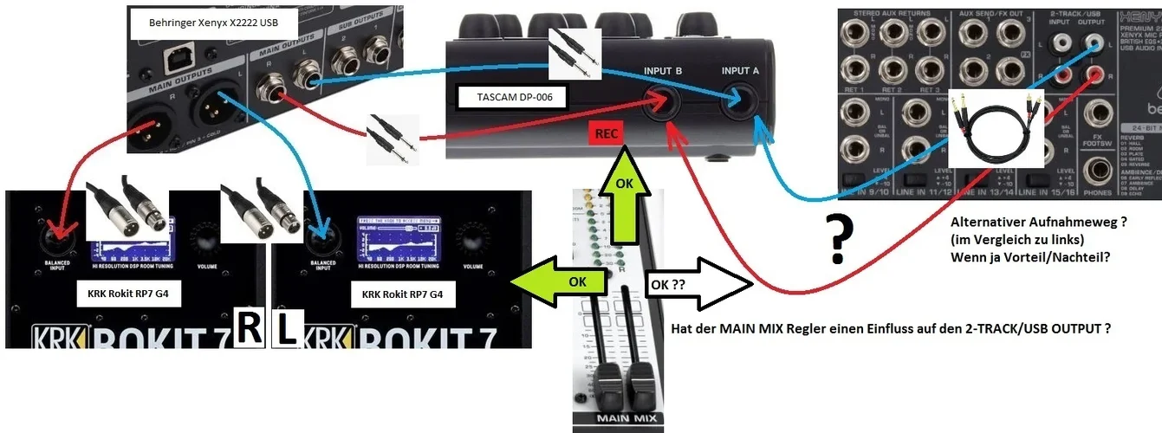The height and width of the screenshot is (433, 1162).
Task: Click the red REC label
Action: pos(606,134)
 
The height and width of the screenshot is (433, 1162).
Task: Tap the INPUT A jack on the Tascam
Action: pos(740,101)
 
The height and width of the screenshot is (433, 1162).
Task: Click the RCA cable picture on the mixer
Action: pos(996,129)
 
